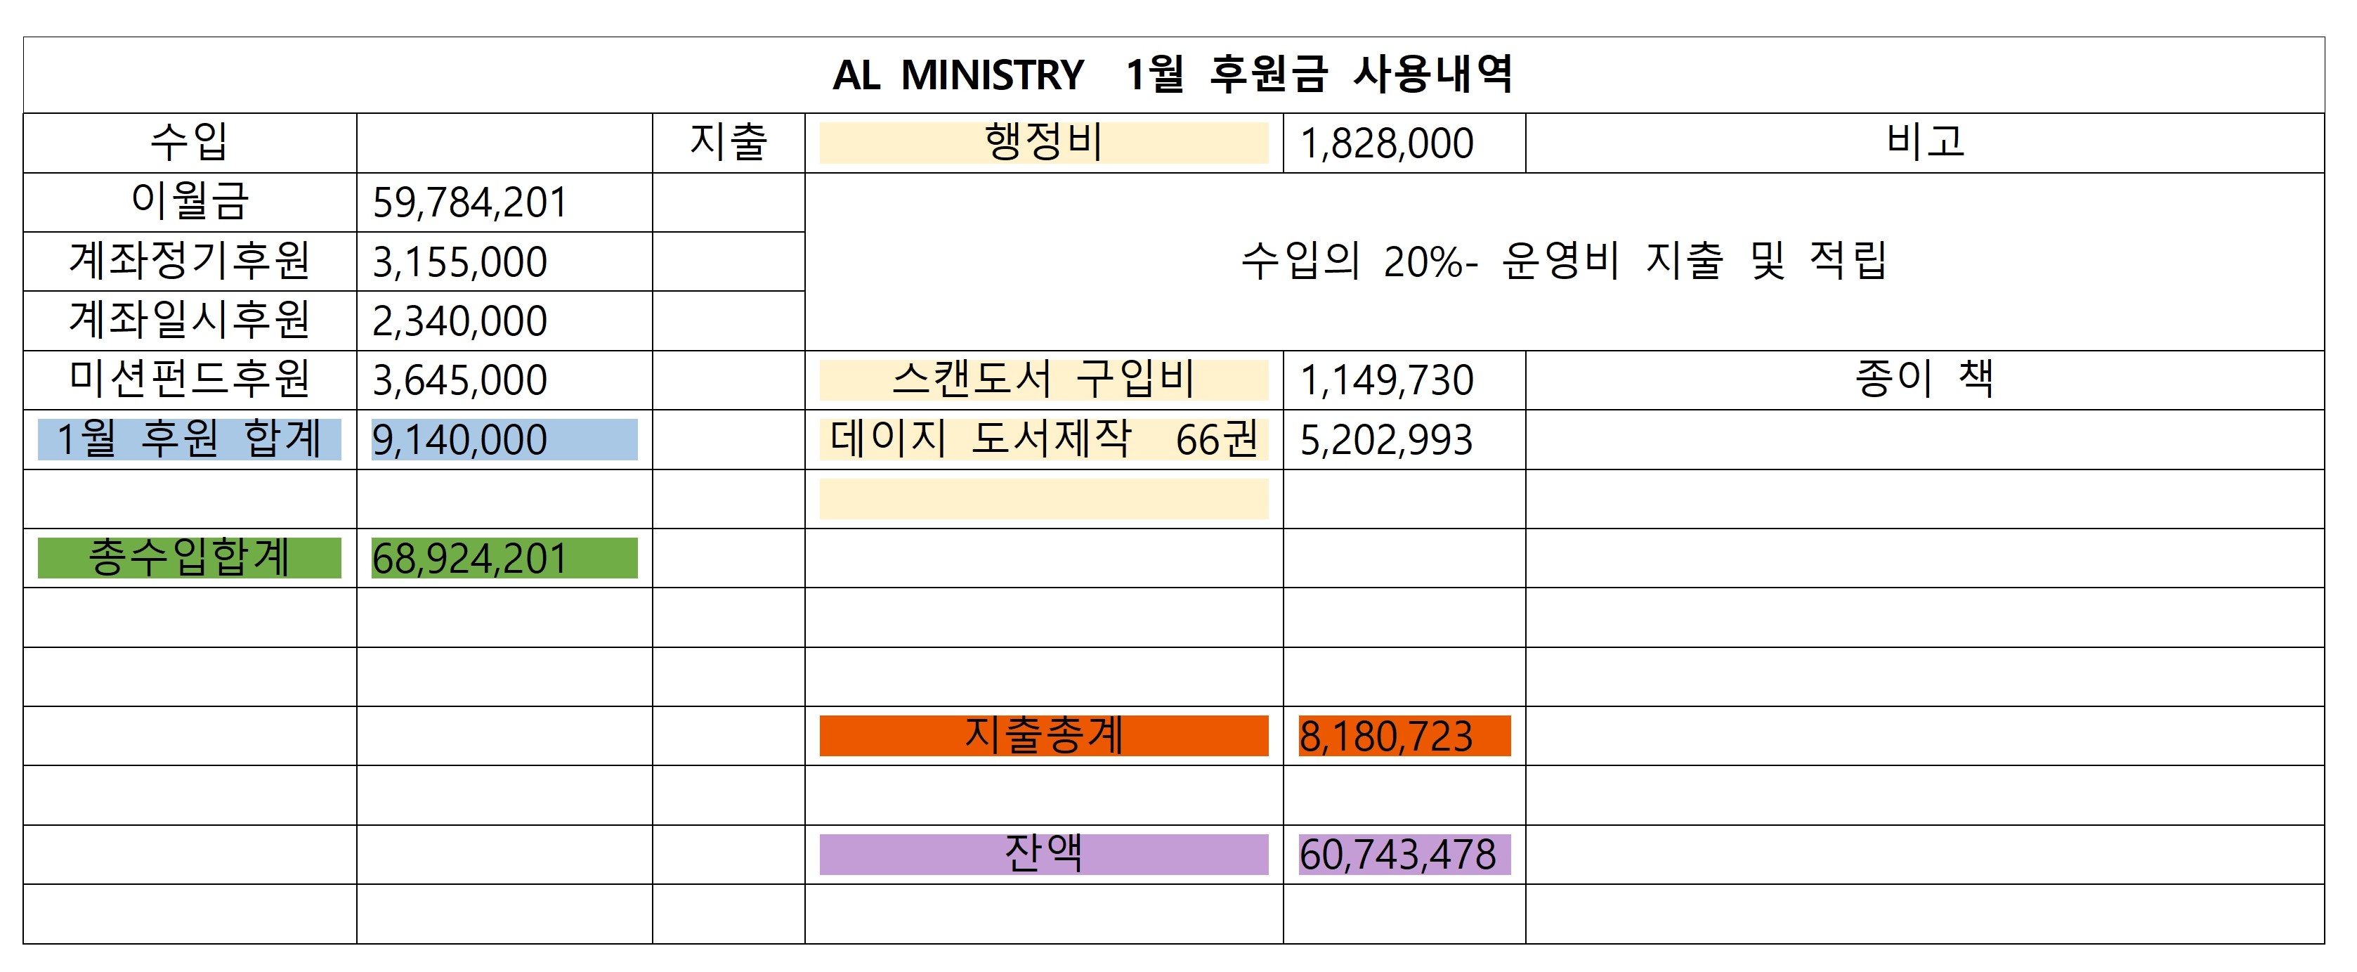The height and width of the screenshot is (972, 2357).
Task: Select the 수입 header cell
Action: pos(190,143)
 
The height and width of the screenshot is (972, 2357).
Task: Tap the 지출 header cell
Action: pos(729,143)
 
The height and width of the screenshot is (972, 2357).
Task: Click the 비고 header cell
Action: pos(1924,143)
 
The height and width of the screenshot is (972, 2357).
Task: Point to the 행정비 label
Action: pos(1043,143)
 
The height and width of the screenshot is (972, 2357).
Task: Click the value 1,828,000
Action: pos(1386,143)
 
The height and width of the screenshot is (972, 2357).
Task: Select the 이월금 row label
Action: pos(190,201)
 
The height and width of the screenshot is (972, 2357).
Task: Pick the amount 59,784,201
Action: pos(469,202)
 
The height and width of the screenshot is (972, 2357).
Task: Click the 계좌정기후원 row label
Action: pos(190,261)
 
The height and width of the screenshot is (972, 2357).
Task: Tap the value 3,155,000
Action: pos(459,261)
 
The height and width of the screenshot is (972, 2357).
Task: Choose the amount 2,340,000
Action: pos(459,321)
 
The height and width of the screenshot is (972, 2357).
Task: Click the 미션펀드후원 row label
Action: pos(190,380)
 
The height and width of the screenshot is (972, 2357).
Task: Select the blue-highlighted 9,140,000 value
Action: pos(459,439)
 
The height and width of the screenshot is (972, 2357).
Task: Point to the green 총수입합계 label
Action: pos(190,557)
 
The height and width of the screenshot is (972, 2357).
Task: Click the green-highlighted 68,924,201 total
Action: pos(469,558)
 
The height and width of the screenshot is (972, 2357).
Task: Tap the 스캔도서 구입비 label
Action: pos(1043,380)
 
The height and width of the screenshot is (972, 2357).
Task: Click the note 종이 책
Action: pos(1924,379)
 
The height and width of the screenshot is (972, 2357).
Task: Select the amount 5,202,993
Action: pos(1386,440)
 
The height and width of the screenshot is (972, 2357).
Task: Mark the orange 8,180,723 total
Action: pos(1386,736)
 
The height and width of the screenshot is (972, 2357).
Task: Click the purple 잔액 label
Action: pos(1043,854)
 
